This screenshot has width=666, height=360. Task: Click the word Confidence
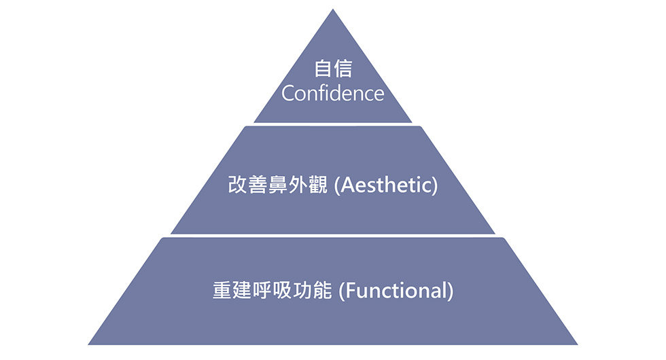[332, 94]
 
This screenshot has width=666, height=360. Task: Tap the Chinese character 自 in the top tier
[323, 69]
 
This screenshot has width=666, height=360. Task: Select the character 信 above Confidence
[343, 69]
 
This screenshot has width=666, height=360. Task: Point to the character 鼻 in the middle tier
[278, 185]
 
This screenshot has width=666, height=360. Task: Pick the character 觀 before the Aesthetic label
[319, 185]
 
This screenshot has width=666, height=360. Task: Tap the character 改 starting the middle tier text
[238, 185]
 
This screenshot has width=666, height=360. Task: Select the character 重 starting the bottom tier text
[222, 291]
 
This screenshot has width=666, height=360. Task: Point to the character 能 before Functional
[322, 291]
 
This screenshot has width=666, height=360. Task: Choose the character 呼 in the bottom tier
[262, 291]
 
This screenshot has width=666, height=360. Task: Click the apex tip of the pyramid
[333, 9]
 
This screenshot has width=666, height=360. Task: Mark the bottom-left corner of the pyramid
[88, 344]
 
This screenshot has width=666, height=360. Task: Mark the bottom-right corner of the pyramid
[578, 344]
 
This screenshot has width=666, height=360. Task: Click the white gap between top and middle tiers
[333, 124]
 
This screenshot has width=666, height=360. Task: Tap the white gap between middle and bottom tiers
[333, 236]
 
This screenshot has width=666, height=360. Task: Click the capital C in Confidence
[287, 94]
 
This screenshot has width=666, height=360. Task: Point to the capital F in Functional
[349, 291]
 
